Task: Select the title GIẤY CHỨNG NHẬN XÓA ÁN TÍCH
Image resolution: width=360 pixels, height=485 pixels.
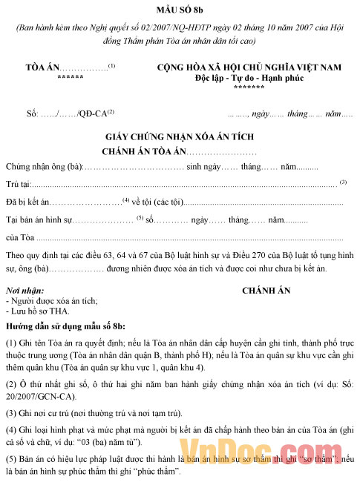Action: [180, 138]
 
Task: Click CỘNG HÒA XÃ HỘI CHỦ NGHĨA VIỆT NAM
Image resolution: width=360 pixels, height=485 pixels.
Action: [249, 67]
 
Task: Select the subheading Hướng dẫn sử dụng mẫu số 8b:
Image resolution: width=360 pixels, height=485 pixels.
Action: [65, 306]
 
